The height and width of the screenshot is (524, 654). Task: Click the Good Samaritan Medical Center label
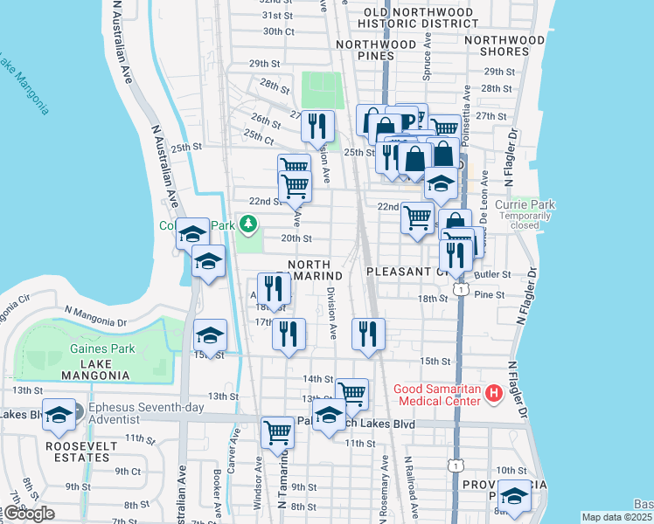437,395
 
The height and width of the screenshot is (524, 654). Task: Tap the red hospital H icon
494,394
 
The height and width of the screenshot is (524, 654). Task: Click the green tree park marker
248,224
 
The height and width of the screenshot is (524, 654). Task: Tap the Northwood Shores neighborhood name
510,45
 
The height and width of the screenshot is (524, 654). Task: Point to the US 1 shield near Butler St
459,287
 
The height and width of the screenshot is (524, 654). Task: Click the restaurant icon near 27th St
317,126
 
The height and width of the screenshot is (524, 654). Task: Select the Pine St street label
490,295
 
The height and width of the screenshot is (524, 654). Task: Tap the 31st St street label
276,16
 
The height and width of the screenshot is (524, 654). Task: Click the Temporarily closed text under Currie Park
525,220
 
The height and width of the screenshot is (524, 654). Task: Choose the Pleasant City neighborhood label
407,272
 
